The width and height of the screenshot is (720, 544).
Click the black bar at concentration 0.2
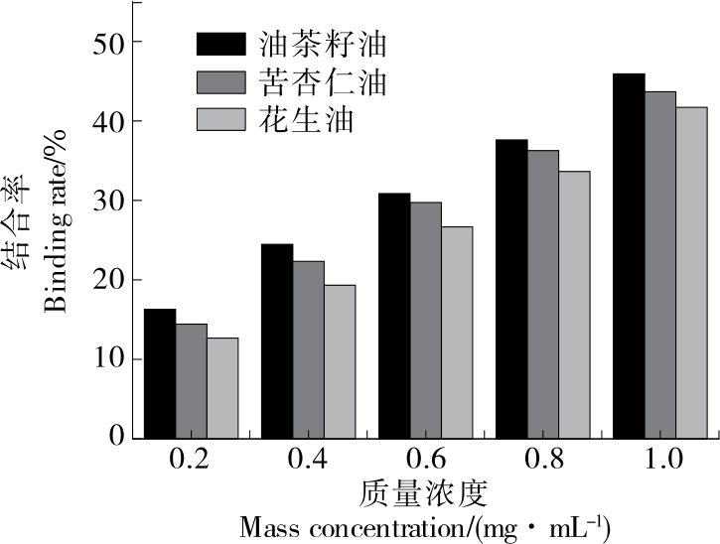click(160, 373)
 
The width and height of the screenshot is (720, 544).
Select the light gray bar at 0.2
click(222, 388)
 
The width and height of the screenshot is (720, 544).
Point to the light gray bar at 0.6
click(457, 333)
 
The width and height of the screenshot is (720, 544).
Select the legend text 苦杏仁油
click(294, 83)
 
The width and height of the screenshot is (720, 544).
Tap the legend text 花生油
click(282, 121)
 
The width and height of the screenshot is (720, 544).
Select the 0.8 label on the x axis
click(544, 461)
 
